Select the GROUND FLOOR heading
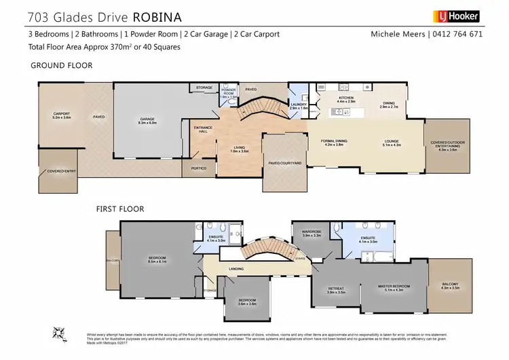click(62, 65)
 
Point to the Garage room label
click(147, 120)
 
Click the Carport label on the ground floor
click(62, 115)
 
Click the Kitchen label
click(347, 98)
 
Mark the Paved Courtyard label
click(284, 164)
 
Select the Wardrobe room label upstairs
click(312, 233)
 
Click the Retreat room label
click(336, 289)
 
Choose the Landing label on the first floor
click(236, 270)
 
